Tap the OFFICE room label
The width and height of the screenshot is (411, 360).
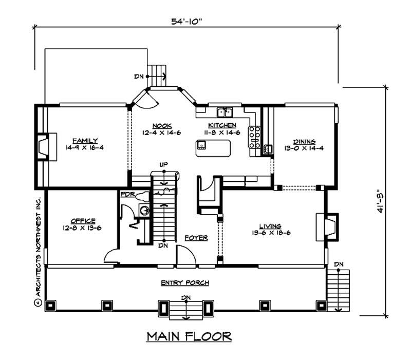[x=83, y=220]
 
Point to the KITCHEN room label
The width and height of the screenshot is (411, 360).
[x=222, y=125]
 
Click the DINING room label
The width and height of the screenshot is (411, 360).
[x=304, y=141]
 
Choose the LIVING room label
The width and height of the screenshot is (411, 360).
[x=270, y=225]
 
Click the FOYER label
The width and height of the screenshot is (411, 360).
[x=196, y=238]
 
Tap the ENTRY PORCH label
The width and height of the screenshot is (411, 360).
[x=184, y=283]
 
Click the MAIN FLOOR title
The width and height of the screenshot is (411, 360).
[x=189, y=336]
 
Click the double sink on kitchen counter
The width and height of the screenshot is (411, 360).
[x=225, y=111]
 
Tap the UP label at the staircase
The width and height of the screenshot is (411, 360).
[x=164, y=164]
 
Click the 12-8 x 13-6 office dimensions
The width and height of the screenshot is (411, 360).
[x=83, y=228]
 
